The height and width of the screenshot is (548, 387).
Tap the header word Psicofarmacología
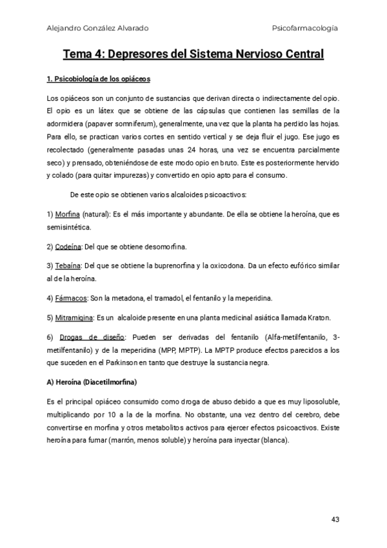tap(306, 28)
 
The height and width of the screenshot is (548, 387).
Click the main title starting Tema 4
tap(193, 54)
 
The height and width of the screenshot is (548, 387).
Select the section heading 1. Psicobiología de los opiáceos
tap(99, 79)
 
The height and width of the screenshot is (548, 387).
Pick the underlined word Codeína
tap(68, 247)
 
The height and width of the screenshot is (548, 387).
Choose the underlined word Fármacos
tap(70, 298)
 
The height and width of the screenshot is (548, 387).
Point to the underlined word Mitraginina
tap(74, 317)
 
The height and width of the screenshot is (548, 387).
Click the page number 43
tap(335, 520)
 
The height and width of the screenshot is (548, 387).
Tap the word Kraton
tap(319, 317)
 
